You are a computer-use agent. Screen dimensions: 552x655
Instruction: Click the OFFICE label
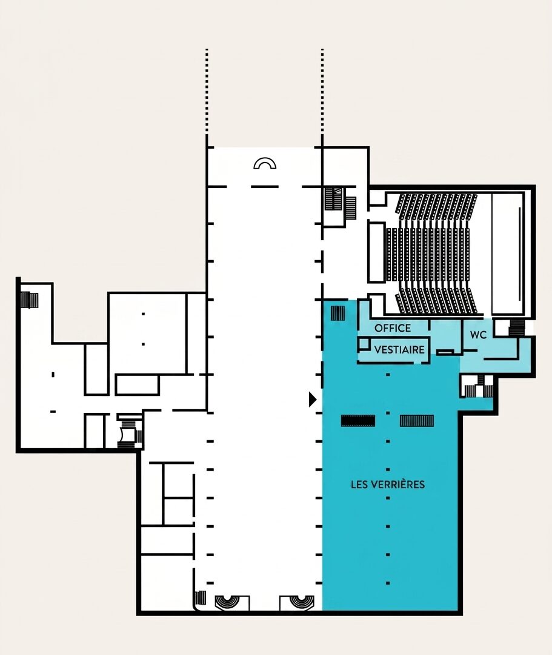[x=393, y=328]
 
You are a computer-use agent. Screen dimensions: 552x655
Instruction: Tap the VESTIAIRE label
[x=399, y=350]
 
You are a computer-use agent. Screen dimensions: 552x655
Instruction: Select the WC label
[x=478, y=335]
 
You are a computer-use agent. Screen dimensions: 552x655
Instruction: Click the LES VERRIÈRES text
[x=388, y=484]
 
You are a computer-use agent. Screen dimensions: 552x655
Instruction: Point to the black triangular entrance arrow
[x=312, y=400]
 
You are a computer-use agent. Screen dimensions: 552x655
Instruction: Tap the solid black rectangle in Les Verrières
[x=358, y=421]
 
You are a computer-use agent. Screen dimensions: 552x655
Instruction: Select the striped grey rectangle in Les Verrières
[x=417, y=421]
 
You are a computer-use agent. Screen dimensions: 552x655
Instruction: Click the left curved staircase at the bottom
[x=227, y=602]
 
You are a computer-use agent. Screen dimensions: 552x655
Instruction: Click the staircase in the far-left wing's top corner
[x=29, y=300]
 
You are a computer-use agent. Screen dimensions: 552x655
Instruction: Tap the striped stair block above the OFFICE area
[x=338, y=314]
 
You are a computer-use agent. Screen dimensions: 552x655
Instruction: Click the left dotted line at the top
[x=207, y=92]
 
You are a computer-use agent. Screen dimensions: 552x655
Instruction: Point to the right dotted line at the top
[x=322, y=92]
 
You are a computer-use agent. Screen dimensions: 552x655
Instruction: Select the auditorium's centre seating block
[x=428, y=254]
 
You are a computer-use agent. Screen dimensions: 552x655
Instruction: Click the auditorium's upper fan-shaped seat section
[x=436, y=206]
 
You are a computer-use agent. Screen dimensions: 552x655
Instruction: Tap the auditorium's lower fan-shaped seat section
[x=436, y=300]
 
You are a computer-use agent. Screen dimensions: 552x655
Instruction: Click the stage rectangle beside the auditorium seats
[x=508, y=254]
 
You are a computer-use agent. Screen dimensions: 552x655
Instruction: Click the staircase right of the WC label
[x=516, y=328]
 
